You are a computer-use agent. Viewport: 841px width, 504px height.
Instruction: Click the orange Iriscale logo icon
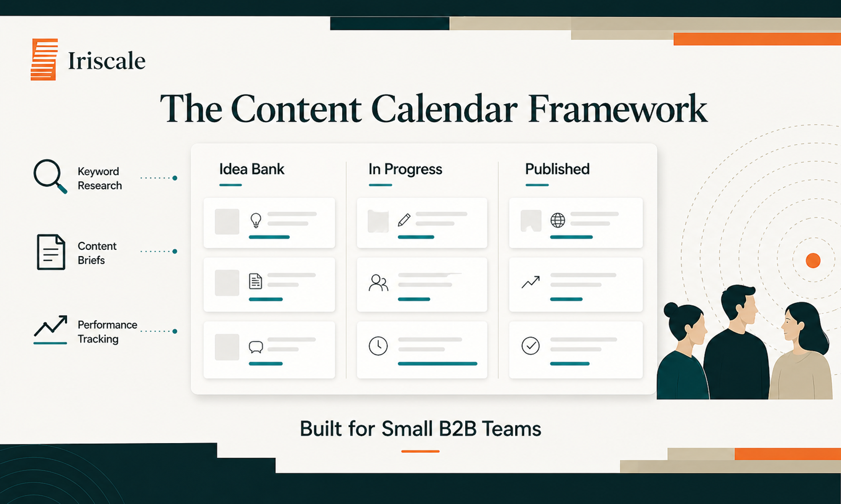[44, 59]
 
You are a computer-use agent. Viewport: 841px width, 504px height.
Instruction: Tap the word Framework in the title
[617, 109]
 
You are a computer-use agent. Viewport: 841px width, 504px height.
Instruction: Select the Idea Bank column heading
[251, 169]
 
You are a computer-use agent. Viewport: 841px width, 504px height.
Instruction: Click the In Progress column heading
[405, 169]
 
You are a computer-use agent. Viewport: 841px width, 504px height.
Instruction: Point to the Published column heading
[557, 169]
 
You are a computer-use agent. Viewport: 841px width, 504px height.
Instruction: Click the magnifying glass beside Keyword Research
[49, 176]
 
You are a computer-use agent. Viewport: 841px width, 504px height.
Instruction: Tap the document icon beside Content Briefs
[51, 252]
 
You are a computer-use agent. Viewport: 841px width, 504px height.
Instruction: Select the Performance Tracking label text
[107, 332]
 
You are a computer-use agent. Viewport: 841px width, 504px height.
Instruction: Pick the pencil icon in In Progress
[404, 220]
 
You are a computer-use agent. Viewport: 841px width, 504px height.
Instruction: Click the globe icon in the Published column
[558, 220]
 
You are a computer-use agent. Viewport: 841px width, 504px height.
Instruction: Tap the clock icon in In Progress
[378, 346]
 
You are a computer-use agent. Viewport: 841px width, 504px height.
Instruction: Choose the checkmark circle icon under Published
[530, 346]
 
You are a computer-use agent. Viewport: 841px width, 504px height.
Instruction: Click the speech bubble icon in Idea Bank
[256, 347]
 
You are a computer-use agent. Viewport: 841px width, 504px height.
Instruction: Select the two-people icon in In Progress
[378, 283]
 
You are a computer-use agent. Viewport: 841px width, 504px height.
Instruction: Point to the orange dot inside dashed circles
[813, 260]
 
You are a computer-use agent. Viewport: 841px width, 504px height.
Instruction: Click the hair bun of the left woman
[670, 311]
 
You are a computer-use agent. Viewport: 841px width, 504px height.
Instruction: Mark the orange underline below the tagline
[420, 451]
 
